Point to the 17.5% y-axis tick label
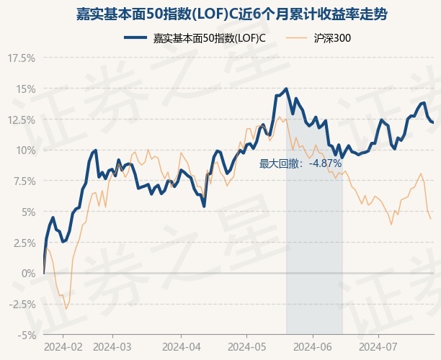tap(21, 58)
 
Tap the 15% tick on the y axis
tap(24, 89)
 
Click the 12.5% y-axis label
tap(21, 120)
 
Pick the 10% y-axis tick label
tap(24, 150)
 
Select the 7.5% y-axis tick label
tap(22, 181)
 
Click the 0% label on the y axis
tap(27, 274)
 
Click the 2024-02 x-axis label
tap(63, 347)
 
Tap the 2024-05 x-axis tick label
tap(246, 347)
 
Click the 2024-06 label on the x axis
tap(313, 347)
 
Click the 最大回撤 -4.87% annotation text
tap(300, 163)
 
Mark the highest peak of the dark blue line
tap(287, 89)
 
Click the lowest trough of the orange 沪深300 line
tap(66, 310)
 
